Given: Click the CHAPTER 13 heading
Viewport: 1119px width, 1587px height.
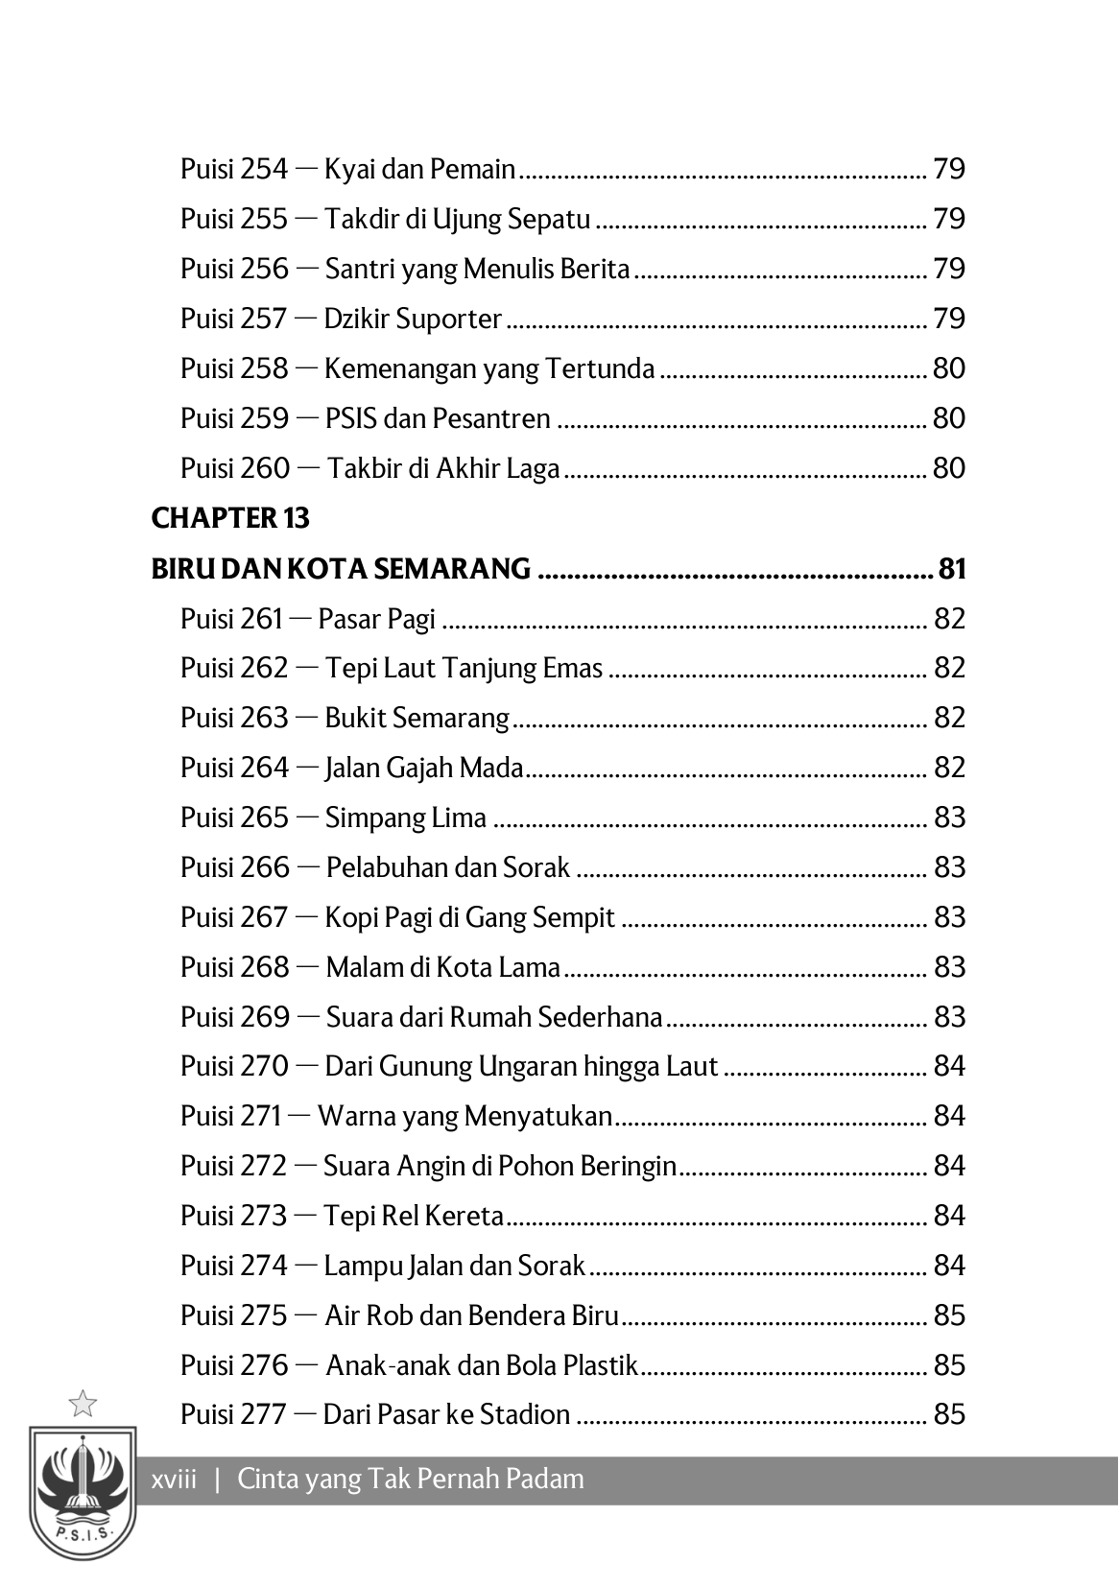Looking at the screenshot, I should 230,518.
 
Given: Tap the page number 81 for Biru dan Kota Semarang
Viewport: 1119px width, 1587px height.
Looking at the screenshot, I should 951,569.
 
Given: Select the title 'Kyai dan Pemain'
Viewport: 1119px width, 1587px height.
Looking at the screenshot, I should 420,170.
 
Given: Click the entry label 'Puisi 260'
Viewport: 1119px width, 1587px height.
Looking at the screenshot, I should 234,468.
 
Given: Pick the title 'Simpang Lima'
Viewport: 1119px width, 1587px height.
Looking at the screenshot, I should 405,817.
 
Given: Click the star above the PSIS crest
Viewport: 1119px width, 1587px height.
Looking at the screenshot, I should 83,1403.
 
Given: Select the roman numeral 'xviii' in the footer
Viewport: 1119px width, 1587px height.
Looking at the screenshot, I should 175,1479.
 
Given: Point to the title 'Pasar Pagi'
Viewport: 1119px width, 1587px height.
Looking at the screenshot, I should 376,619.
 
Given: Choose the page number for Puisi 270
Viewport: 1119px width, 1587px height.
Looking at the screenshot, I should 949,1066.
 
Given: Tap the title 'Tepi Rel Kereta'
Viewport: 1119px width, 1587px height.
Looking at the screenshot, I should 414,1216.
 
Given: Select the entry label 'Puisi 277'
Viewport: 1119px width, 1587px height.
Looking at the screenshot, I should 233,1414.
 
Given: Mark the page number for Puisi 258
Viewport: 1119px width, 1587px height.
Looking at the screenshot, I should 949,368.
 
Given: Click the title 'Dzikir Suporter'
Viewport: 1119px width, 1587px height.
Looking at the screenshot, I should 413,319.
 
